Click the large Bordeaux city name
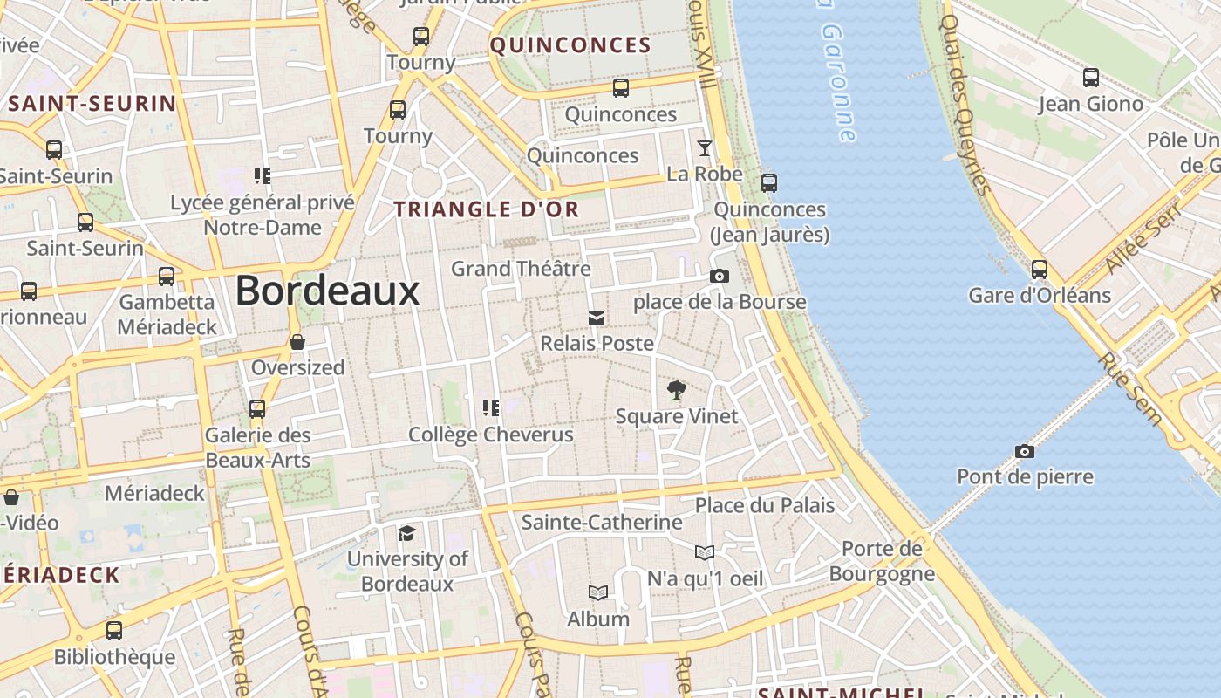pyautogui.click(x=327, y=291)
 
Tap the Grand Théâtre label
pyautogui.click(x=521, y=269)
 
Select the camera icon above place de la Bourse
pyautogui.click(x=720, y=277)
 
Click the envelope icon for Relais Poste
pyautogui.click(x=597, y=318)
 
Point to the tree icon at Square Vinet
pyautogui.click(x=676, y=390)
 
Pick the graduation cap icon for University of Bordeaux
pyautogui.click(x=406, y=533)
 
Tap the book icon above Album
pyautogui.click(x=597, y=593)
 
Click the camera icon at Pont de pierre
pyautogui.click(x=1025, y=451)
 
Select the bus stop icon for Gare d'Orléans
pyautogui.click(x=1039, y=270)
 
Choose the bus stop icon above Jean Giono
pyautogui.click(x=1090, y=78)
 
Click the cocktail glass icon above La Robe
pyautogui.click(x=705, y=148)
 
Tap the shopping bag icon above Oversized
pyautogui.click(x=297, y=342)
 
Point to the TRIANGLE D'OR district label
pyautogui.click(x=487, y=209)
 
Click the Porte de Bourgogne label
pyautogui.click(x=882, y=561)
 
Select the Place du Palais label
pyautogui.click(x=765, y=505)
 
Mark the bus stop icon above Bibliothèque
pyautogui.click(x=113, y=631)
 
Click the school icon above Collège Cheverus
pyautogui.click(x=490, y=408)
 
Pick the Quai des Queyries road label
pyautogui.click(x=966, y=105)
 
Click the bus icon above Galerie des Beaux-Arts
pyautogui.click(x=257, y=409)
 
